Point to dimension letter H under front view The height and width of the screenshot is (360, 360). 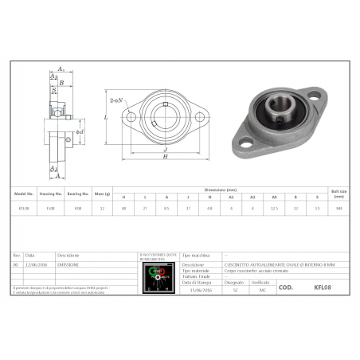tap(164, 156)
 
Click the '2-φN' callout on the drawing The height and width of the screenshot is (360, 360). tap(115, 100)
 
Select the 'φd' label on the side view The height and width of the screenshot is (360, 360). tap(80, 131)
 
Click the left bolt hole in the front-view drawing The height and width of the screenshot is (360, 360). tap(132, 117)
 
